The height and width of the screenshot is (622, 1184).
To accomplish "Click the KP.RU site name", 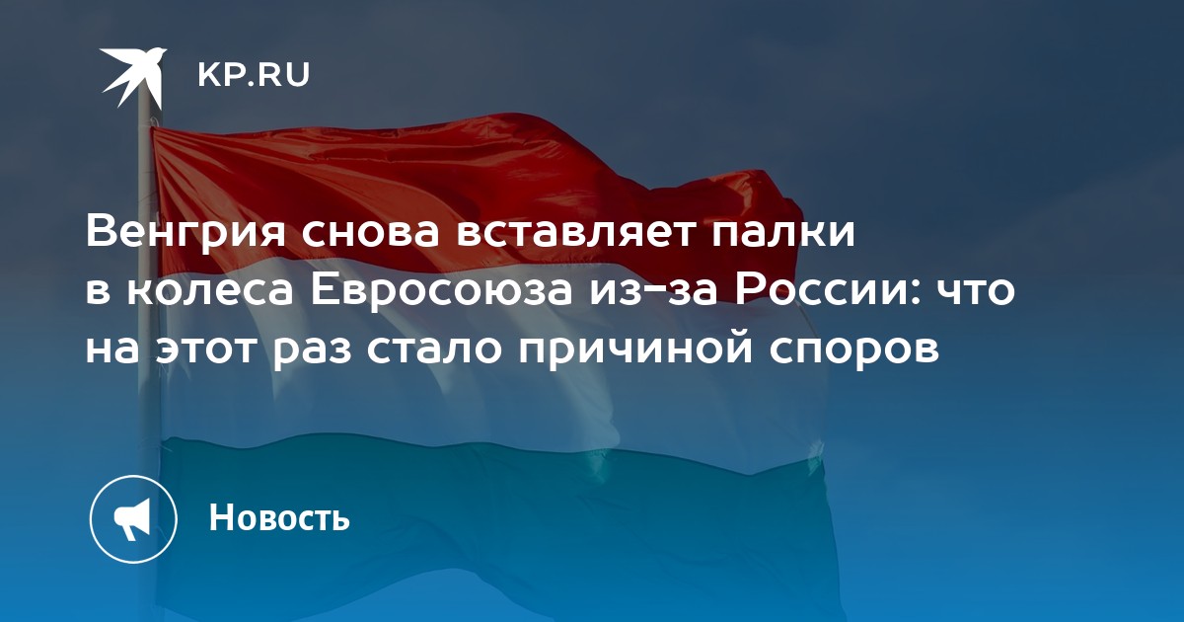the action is point(254,75).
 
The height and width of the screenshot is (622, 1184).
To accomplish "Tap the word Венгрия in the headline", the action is point(185,233).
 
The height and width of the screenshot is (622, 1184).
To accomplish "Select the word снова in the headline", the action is point(371,233).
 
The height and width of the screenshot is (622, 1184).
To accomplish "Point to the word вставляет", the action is point(574,233).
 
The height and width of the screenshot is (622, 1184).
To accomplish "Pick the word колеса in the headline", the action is point(210,291).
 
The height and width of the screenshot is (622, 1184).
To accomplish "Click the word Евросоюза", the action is point(442,291).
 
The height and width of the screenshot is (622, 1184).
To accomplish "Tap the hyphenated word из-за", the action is point(653,291).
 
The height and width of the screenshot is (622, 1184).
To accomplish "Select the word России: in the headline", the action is point(830,291).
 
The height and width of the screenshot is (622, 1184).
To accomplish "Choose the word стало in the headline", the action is point(433,350).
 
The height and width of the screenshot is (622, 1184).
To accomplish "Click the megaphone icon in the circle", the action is point(133,519).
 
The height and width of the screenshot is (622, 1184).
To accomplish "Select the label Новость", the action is point(279,517).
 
